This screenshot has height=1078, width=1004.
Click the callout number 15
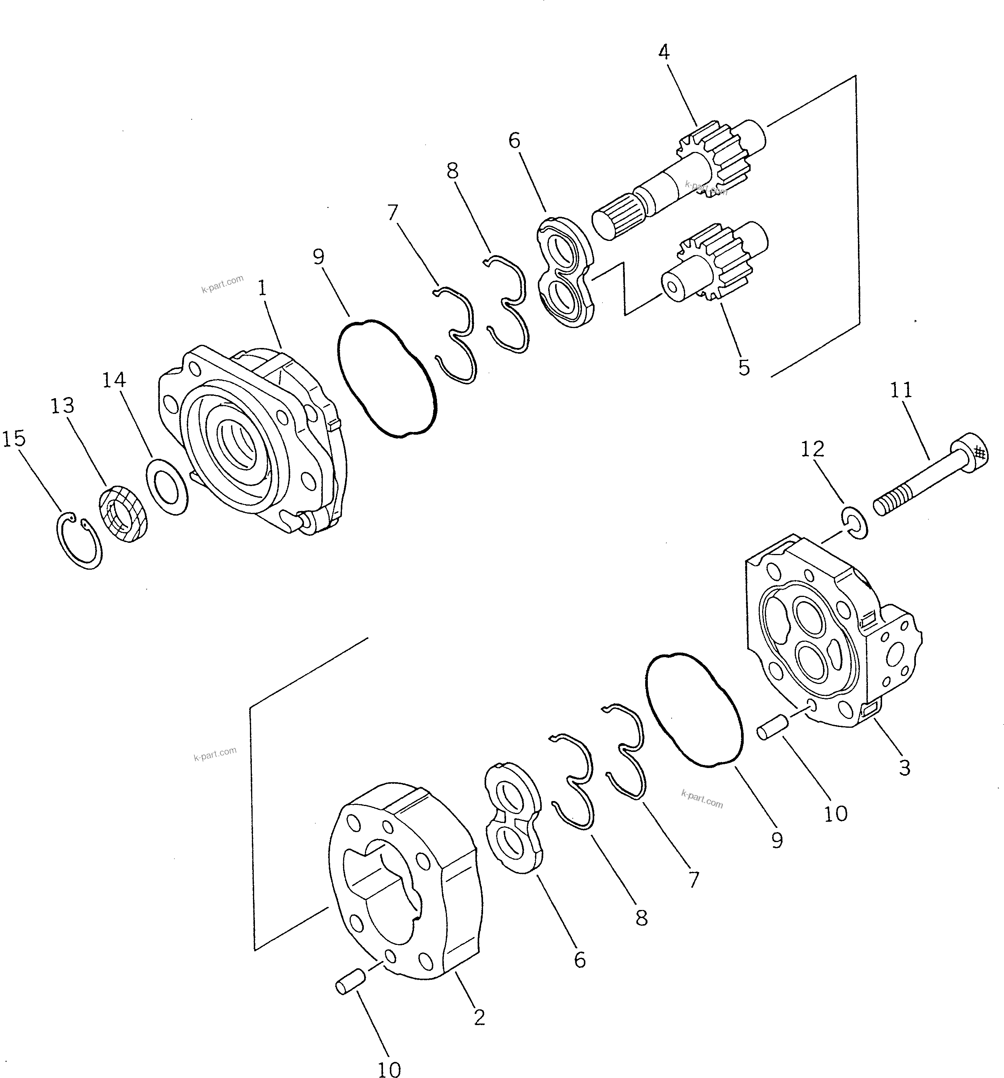(x=14, y=438)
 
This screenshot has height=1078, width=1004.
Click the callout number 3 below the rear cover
(x=904, y=768)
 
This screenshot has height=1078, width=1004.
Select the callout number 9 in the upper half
(x=319, y=257)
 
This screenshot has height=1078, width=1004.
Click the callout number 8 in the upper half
(x=452, y=171)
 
